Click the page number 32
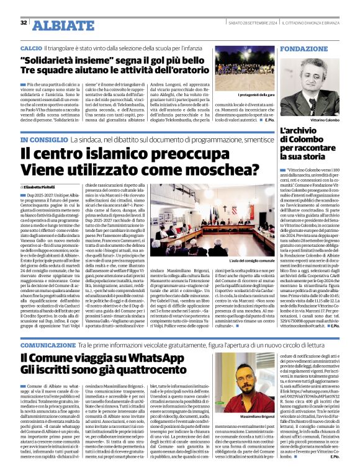coord(24,23)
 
